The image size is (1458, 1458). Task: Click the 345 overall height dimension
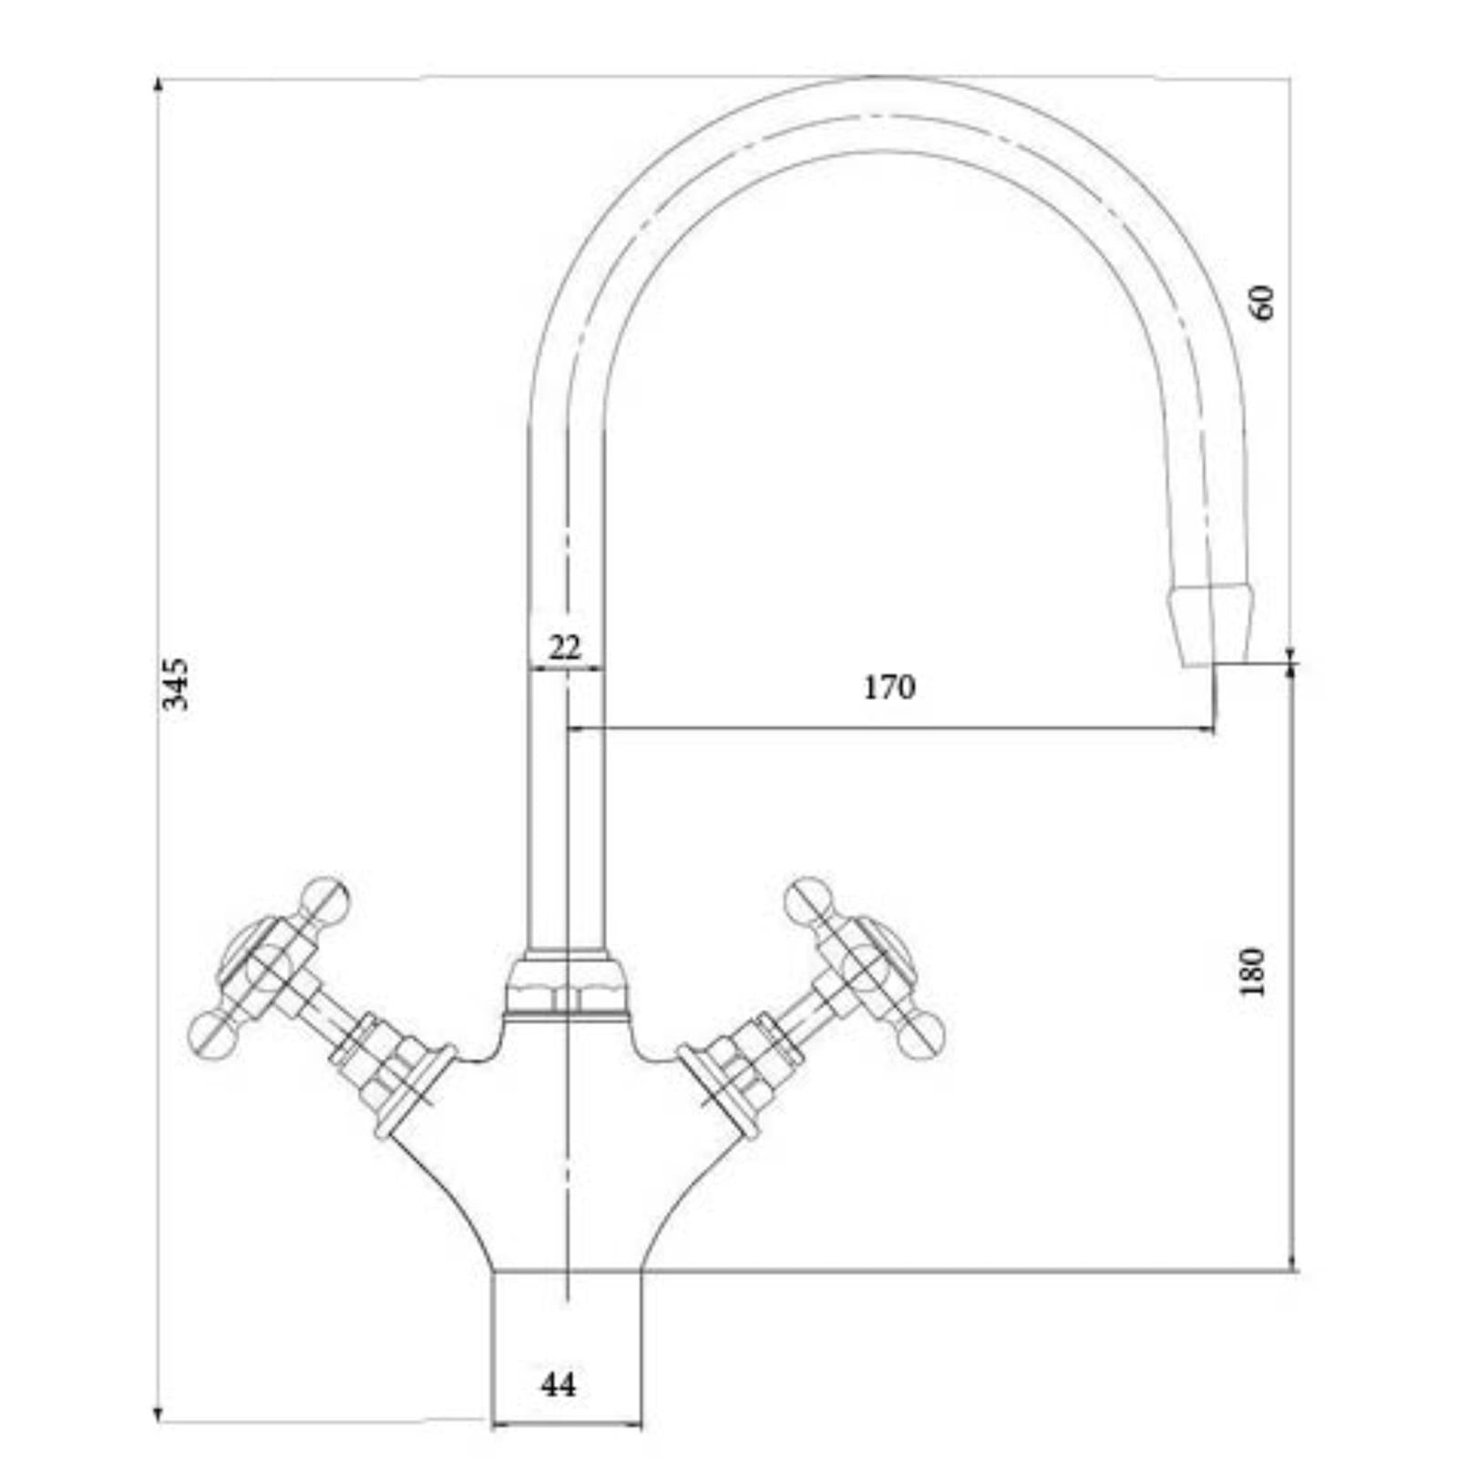[174, 683]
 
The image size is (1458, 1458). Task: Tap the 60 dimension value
[1263, 303]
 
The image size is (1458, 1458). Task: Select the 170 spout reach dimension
[888, 687]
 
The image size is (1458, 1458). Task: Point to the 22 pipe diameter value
[565, 648]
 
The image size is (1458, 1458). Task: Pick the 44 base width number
[558, 1385]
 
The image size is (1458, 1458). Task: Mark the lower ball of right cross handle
[920, 1034]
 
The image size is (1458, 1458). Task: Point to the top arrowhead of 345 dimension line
[159, 85]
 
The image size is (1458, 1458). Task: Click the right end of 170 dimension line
[1213, 728]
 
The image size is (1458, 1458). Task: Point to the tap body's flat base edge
[567, 1270]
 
